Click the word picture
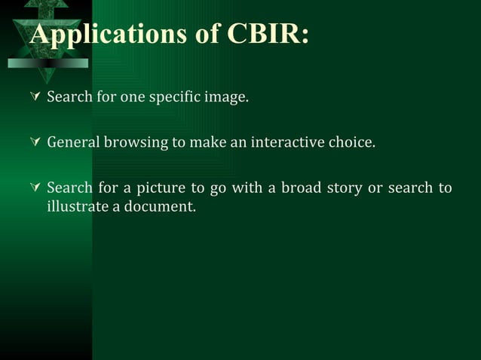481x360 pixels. [161, 188]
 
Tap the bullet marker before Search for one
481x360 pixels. [34, 97]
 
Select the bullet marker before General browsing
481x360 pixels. [34, 142]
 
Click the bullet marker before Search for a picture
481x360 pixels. [34, 187]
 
